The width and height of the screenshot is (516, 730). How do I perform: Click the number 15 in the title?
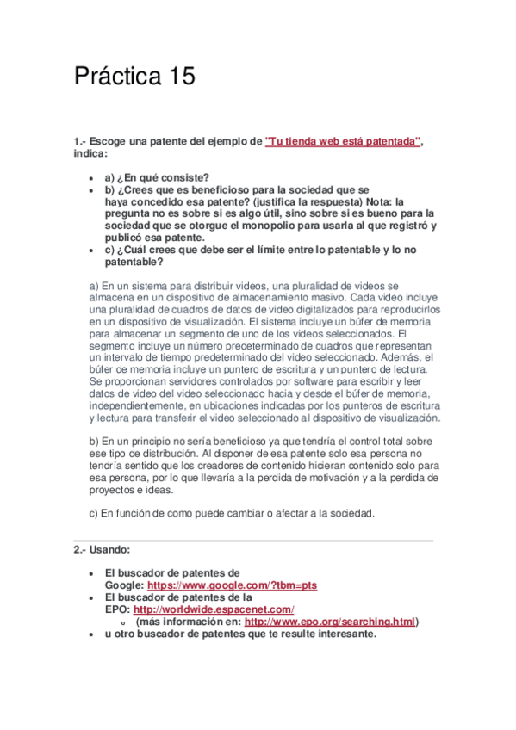click(x=178, y=77)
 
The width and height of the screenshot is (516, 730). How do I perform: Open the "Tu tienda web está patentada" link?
click(x=343, y=141)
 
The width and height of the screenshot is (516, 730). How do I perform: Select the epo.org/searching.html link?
click(x=330, y=622)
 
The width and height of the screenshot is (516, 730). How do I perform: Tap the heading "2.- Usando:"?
click(x=102, y=549)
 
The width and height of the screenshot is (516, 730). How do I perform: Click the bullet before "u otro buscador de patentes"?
click(x=92, y=634)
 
